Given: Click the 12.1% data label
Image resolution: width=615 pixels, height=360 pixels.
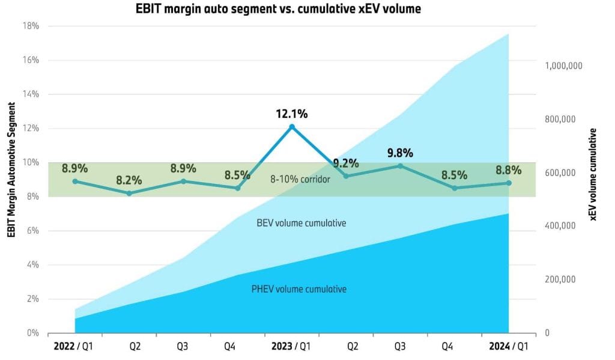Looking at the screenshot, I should coord(291,113).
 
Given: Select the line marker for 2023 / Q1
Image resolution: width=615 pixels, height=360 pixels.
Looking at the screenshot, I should coord(292,127).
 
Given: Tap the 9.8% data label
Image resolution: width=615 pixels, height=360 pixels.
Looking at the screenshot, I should coord(401,153).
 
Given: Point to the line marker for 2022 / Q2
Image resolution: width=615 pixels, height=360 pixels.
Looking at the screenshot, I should coord(129,193).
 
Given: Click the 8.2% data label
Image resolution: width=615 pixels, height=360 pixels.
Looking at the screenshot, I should coord(129,180).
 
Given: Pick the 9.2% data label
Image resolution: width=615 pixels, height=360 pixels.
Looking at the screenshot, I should coord(346,163).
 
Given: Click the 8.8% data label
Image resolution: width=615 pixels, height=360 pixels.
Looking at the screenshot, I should coord(509,171).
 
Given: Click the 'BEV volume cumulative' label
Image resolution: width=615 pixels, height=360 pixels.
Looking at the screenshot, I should coord(301,223).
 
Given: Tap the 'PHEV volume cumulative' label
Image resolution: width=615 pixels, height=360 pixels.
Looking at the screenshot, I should coord(298,289).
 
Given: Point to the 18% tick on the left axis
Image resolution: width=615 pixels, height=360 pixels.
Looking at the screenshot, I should coord(31,26).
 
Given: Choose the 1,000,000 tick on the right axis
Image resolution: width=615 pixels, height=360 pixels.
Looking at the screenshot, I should coord(564,66).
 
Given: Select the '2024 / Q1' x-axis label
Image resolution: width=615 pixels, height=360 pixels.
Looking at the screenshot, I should coord(508,347).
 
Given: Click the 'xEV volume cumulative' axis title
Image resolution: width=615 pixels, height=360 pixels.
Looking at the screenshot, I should coord(595,174).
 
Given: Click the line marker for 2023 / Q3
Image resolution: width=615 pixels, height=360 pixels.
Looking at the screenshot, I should coord(401,166).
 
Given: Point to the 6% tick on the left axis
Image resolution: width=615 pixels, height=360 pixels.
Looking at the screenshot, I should coord(32,231).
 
